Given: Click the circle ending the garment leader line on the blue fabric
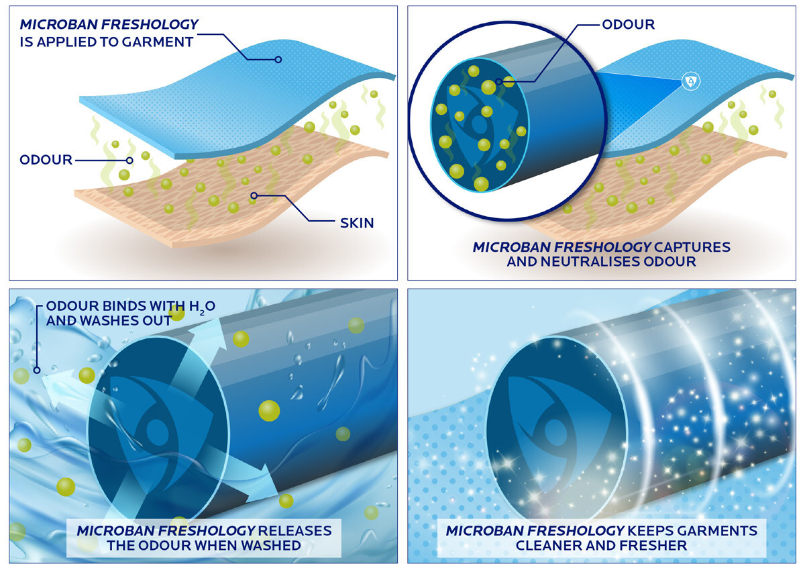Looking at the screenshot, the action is coord(278,59).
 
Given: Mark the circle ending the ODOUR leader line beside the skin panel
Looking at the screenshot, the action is coord(129,160).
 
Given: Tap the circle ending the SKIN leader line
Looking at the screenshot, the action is coord(254,195).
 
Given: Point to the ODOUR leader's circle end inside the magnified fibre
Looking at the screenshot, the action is coord(499,82).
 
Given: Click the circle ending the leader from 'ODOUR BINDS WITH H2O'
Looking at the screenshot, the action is coord(37,370).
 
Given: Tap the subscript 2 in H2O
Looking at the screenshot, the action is coord(202,313).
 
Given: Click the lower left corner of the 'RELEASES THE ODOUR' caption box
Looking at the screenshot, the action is coord(67,557).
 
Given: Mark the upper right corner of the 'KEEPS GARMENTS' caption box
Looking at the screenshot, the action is coord(766,519).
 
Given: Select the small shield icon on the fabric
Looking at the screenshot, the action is coord(691,82).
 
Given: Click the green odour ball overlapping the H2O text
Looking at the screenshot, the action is coord(177,312).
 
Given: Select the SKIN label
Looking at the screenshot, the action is coord(357,224).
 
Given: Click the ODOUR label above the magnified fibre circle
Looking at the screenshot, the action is coord(629,24).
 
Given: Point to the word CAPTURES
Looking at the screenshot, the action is coord(692,247).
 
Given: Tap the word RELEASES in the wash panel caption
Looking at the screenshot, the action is coord(294,531).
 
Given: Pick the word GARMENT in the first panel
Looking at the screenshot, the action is coord(157,42).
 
